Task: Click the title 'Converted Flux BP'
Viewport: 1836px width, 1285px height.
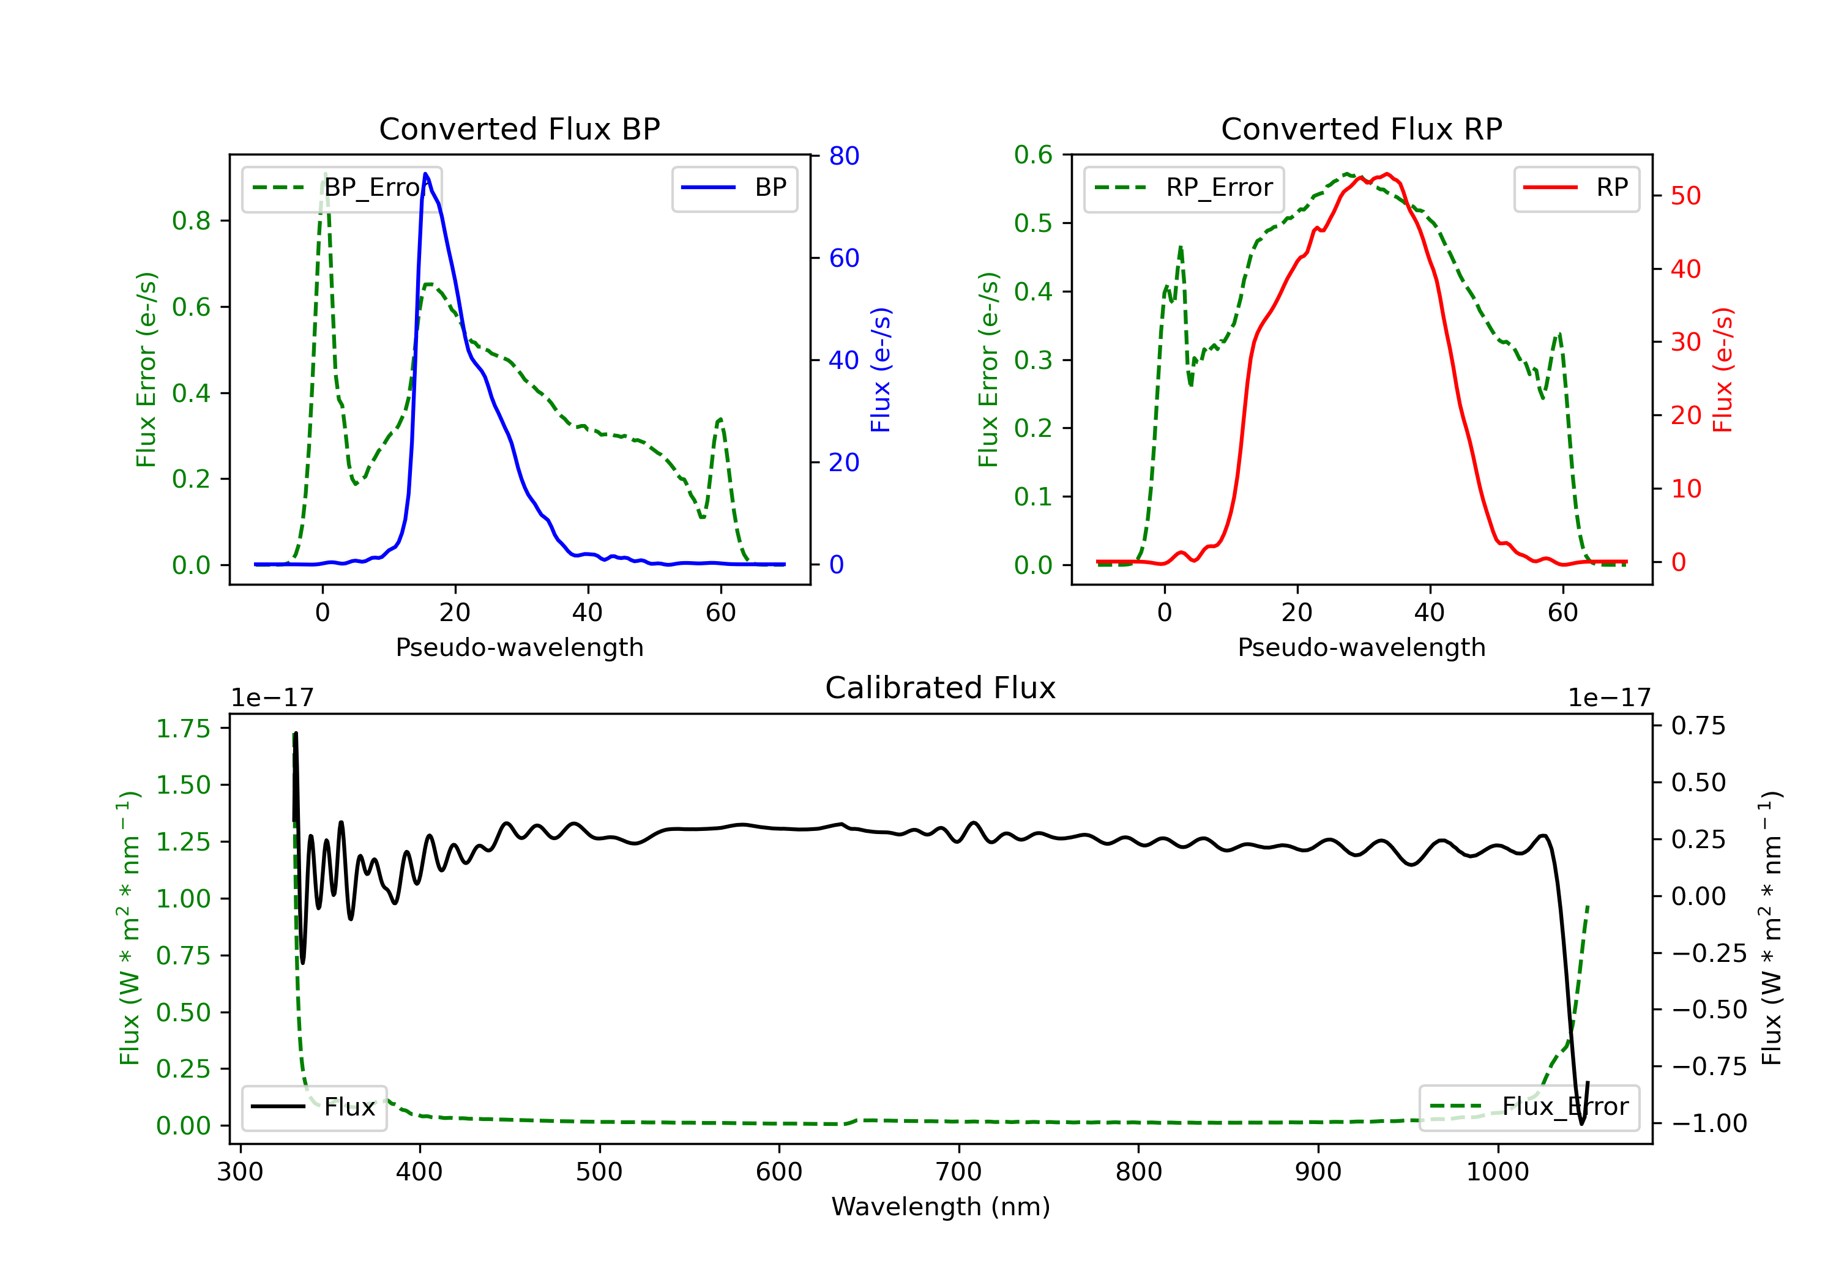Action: pos(519,128)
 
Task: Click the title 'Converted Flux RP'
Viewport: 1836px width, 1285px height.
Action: pos(1361,128)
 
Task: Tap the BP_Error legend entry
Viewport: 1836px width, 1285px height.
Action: pos(342,188)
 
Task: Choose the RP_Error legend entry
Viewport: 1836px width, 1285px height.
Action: pos(1184,188)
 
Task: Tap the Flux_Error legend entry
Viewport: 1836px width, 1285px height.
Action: pos(1529,1107)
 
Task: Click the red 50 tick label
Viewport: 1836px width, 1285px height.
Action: pos(1685,196)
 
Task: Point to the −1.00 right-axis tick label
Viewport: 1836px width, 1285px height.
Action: pos(1709,1123)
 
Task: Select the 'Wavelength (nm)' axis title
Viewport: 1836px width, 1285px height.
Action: pos(941,1207)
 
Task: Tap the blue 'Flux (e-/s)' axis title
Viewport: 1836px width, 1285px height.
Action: pos(881,370)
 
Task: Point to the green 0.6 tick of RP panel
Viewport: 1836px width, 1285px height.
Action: pos(1033,155)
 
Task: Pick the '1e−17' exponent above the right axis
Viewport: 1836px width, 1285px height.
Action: pos(1609,698)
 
